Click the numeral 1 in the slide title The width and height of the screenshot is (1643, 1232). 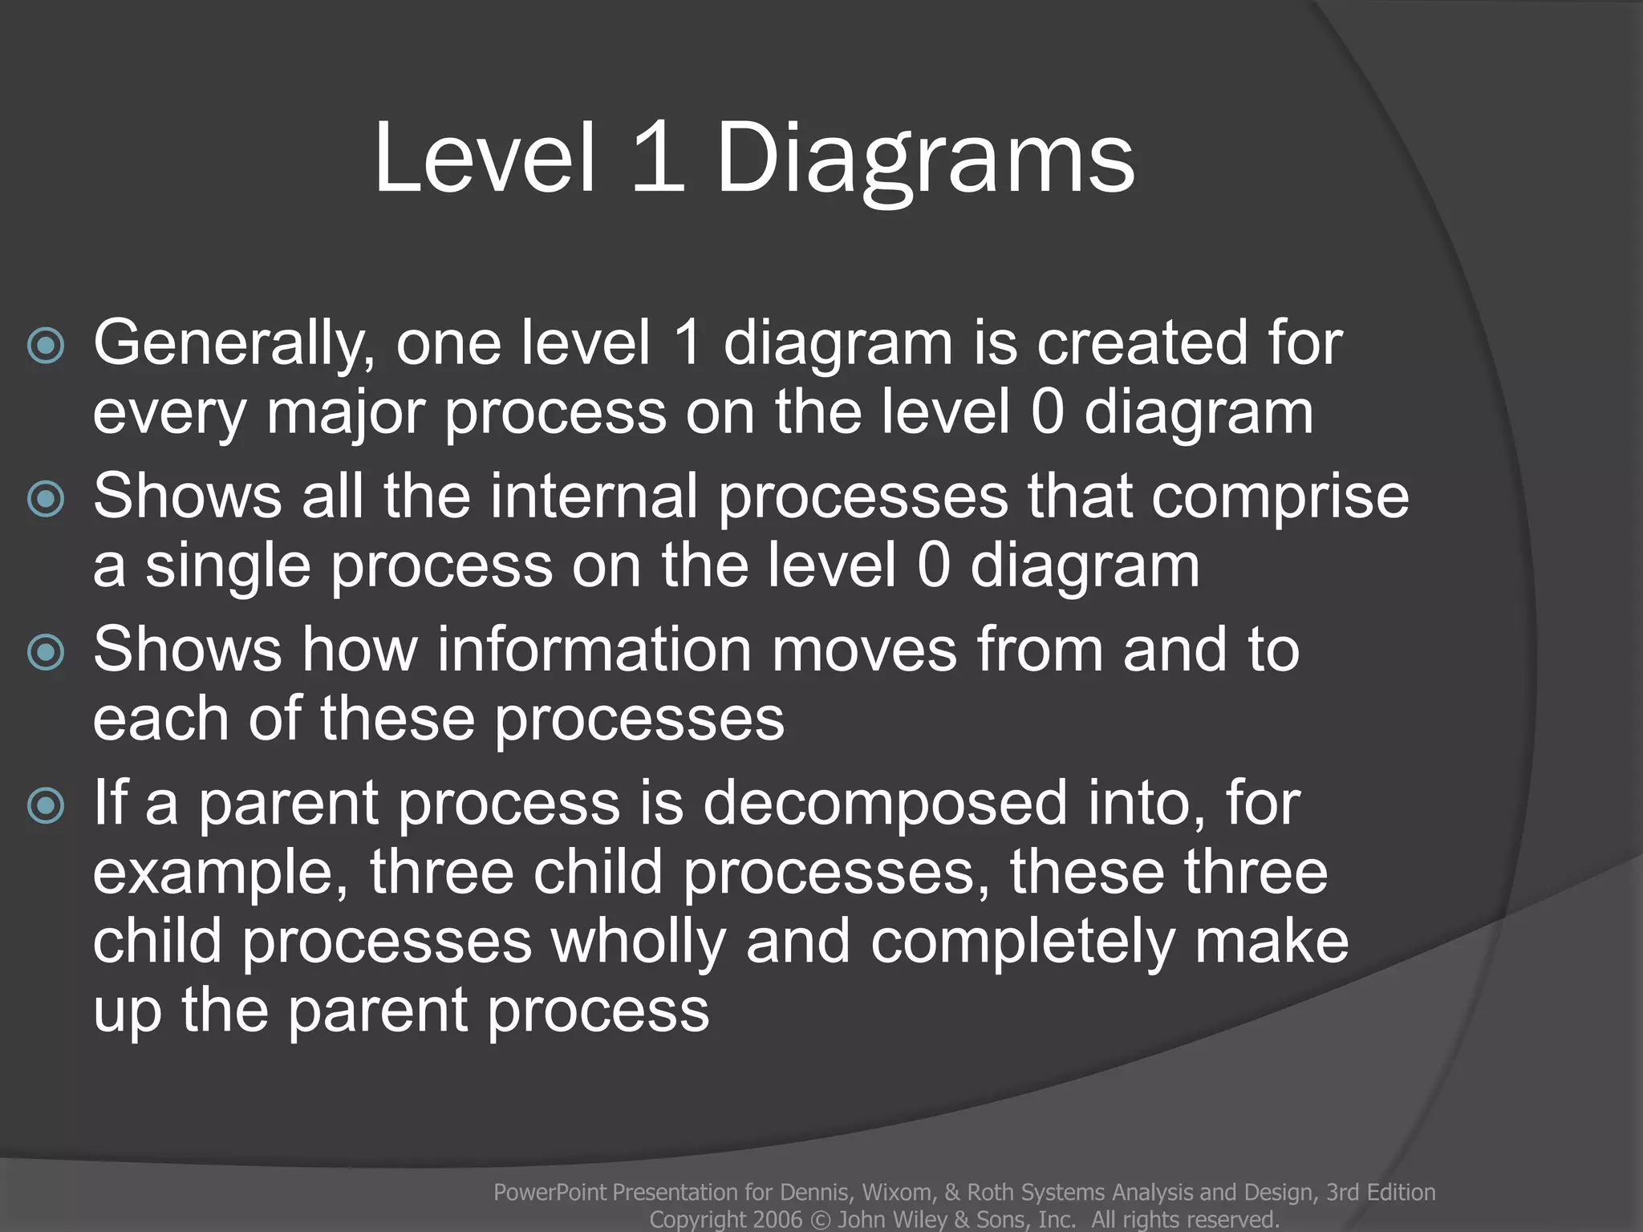point(657,158)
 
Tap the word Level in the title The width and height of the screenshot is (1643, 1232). point(485,158)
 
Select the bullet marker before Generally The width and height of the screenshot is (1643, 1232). point(46,346)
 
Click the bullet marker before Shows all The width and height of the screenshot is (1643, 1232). point(46,500)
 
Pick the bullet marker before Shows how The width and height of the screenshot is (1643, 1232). point(46,653)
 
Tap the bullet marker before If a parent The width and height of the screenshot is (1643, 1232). point(46,805)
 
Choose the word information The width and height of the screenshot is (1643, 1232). point(594,650)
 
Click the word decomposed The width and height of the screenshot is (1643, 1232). point(885,804)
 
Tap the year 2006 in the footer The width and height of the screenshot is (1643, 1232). point(777,1220)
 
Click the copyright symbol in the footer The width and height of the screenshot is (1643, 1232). point(820,1220)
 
